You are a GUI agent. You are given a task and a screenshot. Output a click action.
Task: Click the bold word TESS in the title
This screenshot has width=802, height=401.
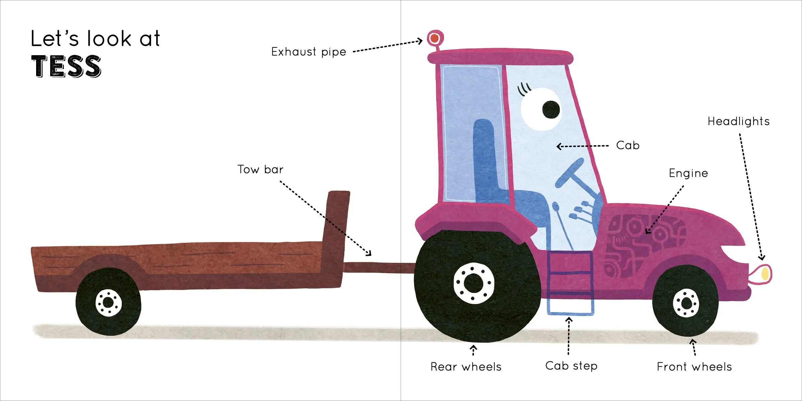point(66,66)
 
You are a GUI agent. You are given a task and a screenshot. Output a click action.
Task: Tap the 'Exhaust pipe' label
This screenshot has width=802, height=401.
point(308,52)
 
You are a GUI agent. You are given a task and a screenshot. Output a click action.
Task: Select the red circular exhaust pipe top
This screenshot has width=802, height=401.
point(435,38)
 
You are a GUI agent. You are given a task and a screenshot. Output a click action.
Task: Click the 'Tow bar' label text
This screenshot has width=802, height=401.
point(260,170)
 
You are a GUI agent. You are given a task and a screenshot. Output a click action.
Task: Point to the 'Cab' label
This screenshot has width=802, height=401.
point(627,145)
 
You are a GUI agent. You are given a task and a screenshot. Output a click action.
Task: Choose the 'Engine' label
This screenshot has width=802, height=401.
point(688,173)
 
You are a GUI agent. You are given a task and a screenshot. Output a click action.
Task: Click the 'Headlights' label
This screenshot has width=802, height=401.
point(738,121)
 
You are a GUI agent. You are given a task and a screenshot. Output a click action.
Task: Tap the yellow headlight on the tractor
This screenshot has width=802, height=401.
point(765,274)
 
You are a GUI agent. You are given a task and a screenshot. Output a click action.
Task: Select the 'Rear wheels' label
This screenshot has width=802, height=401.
point(466,367)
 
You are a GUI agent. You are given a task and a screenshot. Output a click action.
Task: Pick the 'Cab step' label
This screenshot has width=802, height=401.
point(571,366)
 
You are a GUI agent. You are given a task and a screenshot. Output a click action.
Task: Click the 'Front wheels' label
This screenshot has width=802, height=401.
point(694,367)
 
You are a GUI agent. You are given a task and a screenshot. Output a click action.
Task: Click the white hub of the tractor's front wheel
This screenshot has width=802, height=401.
point(686,303)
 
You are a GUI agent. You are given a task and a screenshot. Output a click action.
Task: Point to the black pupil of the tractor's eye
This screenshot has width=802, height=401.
point(551,109)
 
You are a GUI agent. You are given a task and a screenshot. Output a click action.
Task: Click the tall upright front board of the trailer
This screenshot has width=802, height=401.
point(336,227)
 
